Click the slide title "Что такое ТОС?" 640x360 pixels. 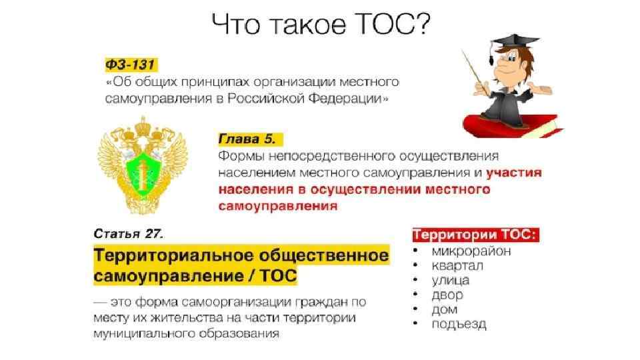[321, 25]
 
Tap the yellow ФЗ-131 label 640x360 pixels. [131, 65]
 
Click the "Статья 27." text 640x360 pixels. [129, 234]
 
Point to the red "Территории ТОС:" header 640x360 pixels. [475, 235]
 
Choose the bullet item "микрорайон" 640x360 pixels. [471, 251]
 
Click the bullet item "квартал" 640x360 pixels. [457, 266]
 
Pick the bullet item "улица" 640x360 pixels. [451, 281]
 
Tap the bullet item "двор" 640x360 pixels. [447, 295]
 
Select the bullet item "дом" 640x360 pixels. [445, 310]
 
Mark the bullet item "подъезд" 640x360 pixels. [459, 325]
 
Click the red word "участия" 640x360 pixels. [514, 173]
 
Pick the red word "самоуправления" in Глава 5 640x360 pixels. [278, 206]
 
